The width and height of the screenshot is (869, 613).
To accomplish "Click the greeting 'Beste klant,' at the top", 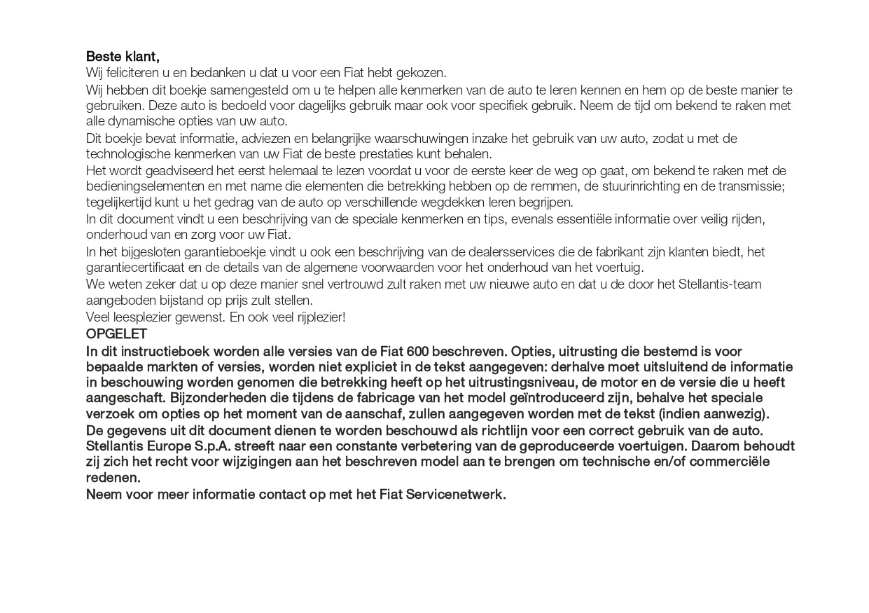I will click(123, 57).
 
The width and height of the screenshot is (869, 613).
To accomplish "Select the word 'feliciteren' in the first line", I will click(130, 73).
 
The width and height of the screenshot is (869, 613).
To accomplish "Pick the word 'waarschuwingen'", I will click(361, 139).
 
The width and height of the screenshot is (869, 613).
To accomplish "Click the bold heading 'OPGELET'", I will click(116, 334).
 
